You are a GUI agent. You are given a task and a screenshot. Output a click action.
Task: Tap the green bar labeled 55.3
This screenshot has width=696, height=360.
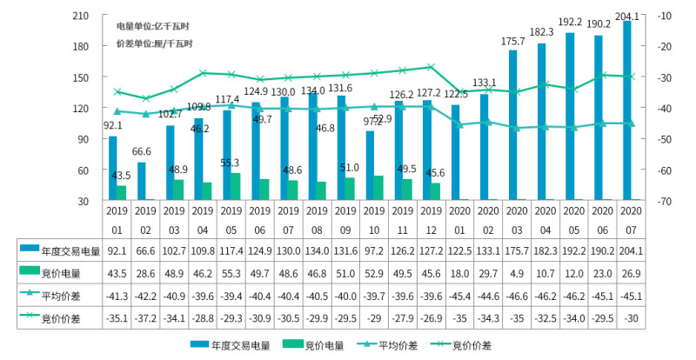[x=234, y=186]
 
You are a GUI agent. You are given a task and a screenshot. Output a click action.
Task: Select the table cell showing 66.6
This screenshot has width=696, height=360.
[x=145, y=250]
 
